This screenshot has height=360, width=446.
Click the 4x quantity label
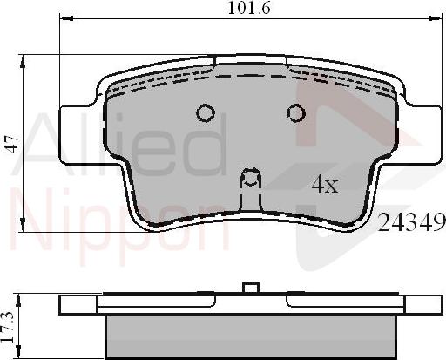[324, 184]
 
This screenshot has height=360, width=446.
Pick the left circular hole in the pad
[206, 112]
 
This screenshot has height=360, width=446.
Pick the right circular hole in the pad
[296, 112]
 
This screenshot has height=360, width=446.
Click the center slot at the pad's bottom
[251, 180]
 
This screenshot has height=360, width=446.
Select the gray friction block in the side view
[251, 335]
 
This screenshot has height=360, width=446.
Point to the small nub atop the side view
[251, 290]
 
